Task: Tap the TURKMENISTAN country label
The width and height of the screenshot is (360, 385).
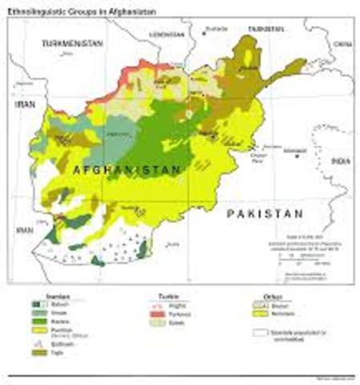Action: click(73, 42)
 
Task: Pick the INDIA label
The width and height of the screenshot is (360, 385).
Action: click(342, 161)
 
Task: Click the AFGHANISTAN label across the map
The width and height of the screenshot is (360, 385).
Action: click(126, 171)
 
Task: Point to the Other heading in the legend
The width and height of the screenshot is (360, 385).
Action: click(261, 296)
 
